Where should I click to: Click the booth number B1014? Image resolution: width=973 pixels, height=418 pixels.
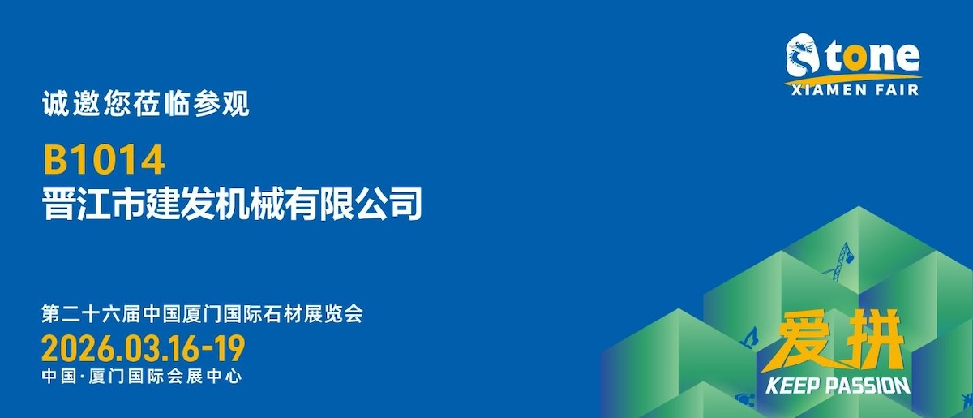click(104, 160)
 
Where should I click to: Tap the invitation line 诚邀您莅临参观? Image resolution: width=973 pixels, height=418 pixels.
click(145, 104)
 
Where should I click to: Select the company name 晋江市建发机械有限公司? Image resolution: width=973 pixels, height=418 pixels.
click(232, 203)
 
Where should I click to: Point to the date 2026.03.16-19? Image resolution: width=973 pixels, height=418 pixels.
click(144, 349)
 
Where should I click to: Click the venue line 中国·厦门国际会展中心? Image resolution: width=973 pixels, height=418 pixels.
click(142, 377)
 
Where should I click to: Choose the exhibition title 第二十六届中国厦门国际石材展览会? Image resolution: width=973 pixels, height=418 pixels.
click(202, 314)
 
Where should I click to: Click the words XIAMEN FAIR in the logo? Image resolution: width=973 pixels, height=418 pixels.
click(855, 90)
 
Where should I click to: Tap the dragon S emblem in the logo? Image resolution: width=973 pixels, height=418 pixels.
click(802, 55)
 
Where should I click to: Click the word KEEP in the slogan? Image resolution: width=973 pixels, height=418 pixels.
click(793, 386)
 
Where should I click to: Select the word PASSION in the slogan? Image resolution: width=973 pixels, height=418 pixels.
click(868, 386)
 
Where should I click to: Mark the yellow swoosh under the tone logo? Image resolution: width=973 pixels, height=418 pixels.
click(852, 79)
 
